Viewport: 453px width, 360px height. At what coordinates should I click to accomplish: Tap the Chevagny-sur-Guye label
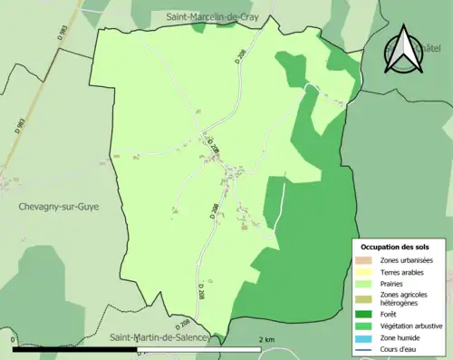58,207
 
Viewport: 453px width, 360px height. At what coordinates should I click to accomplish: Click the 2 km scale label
266,339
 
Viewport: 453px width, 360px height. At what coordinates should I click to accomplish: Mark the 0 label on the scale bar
14,339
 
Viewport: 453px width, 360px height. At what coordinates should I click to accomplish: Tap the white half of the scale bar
199,349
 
